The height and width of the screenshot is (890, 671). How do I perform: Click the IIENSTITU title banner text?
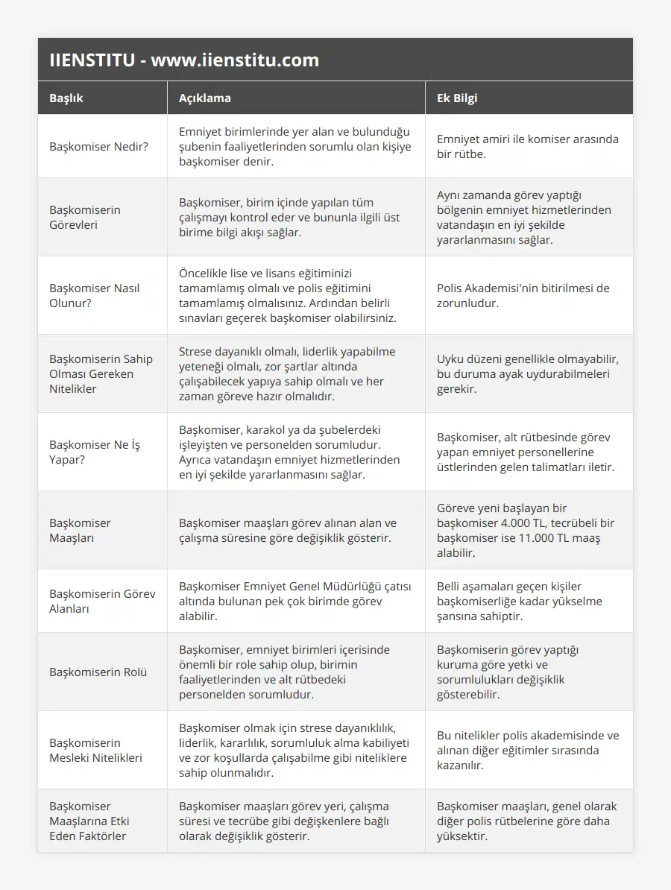183,60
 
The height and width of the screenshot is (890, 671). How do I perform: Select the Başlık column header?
66,98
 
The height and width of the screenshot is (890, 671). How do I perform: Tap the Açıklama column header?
204,98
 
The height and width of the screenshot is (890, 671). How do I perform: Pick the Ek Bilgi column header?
457,98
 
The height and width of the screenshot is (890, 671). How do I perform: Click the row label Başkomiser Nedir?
98,146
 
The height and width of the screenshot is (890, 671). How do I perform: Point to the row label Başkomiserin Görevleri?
85,217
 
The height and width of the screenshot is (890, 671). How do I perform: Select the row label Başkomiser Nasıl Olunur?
95,295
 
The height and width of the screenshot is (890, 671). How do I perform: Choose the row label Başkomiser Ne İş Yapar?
95,452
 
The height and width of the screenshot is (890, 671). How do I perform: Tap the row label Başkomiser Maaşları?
80,530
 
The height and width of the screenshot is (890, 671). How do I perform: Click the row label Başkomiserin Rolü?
98,672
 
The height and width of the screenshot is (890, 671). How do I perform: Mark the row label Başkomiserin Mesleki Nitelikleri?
95,750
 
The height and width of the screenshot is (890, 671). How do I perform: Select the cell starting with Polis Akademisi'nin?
523,295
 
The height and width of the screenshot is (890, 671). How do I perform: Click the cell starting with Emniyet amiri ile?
527,146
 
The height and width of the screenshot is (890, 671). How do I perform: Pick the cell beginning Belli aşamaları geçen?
520,601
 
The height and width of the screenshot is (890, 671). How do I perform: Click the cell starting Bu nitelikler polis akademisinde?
527,750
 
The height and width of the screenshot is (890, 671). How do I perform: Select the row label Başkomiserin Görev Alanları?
102,601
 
